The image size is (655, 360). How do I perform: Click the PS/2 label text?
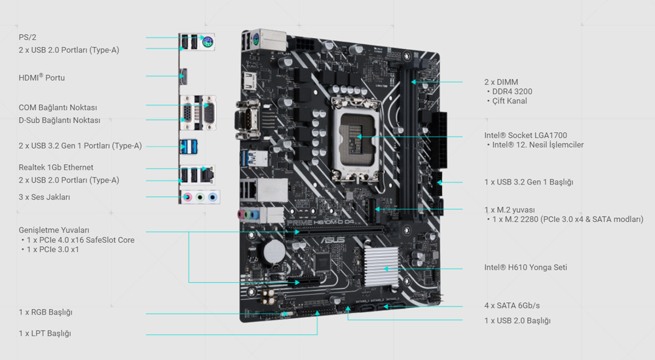point(28,37)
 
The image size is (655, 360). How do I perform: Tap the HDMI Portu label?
point(42,78)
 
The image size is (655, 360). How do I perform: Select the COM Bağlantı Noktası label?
point(58,107)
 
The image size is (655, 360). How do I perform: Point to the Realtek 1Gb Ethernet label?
point(56,168)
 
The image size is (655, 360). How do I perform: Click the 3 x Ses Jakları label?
point(44,197)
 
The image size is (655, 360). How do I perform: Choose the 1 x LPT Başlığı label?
point(45,333)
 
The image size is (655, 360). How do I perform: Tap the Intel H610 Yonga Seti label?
point(525,268)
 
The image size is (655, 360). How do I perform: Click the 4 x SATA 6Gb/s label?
point(512,306)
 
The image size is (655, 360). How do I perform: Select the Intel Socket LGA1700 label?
point(525,135)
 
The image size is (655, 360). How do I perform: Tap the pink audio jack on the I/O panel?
point(187,196)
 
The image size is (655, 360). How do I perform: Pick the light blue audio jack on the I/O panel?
point(212,196)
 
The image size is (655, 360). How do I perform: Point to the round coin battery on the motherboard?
point(273,249)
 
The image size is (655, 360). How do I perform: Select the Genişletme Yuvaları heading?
point(54,230)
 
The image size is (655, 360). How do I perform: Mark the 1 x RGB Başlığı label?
point(45,312)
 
